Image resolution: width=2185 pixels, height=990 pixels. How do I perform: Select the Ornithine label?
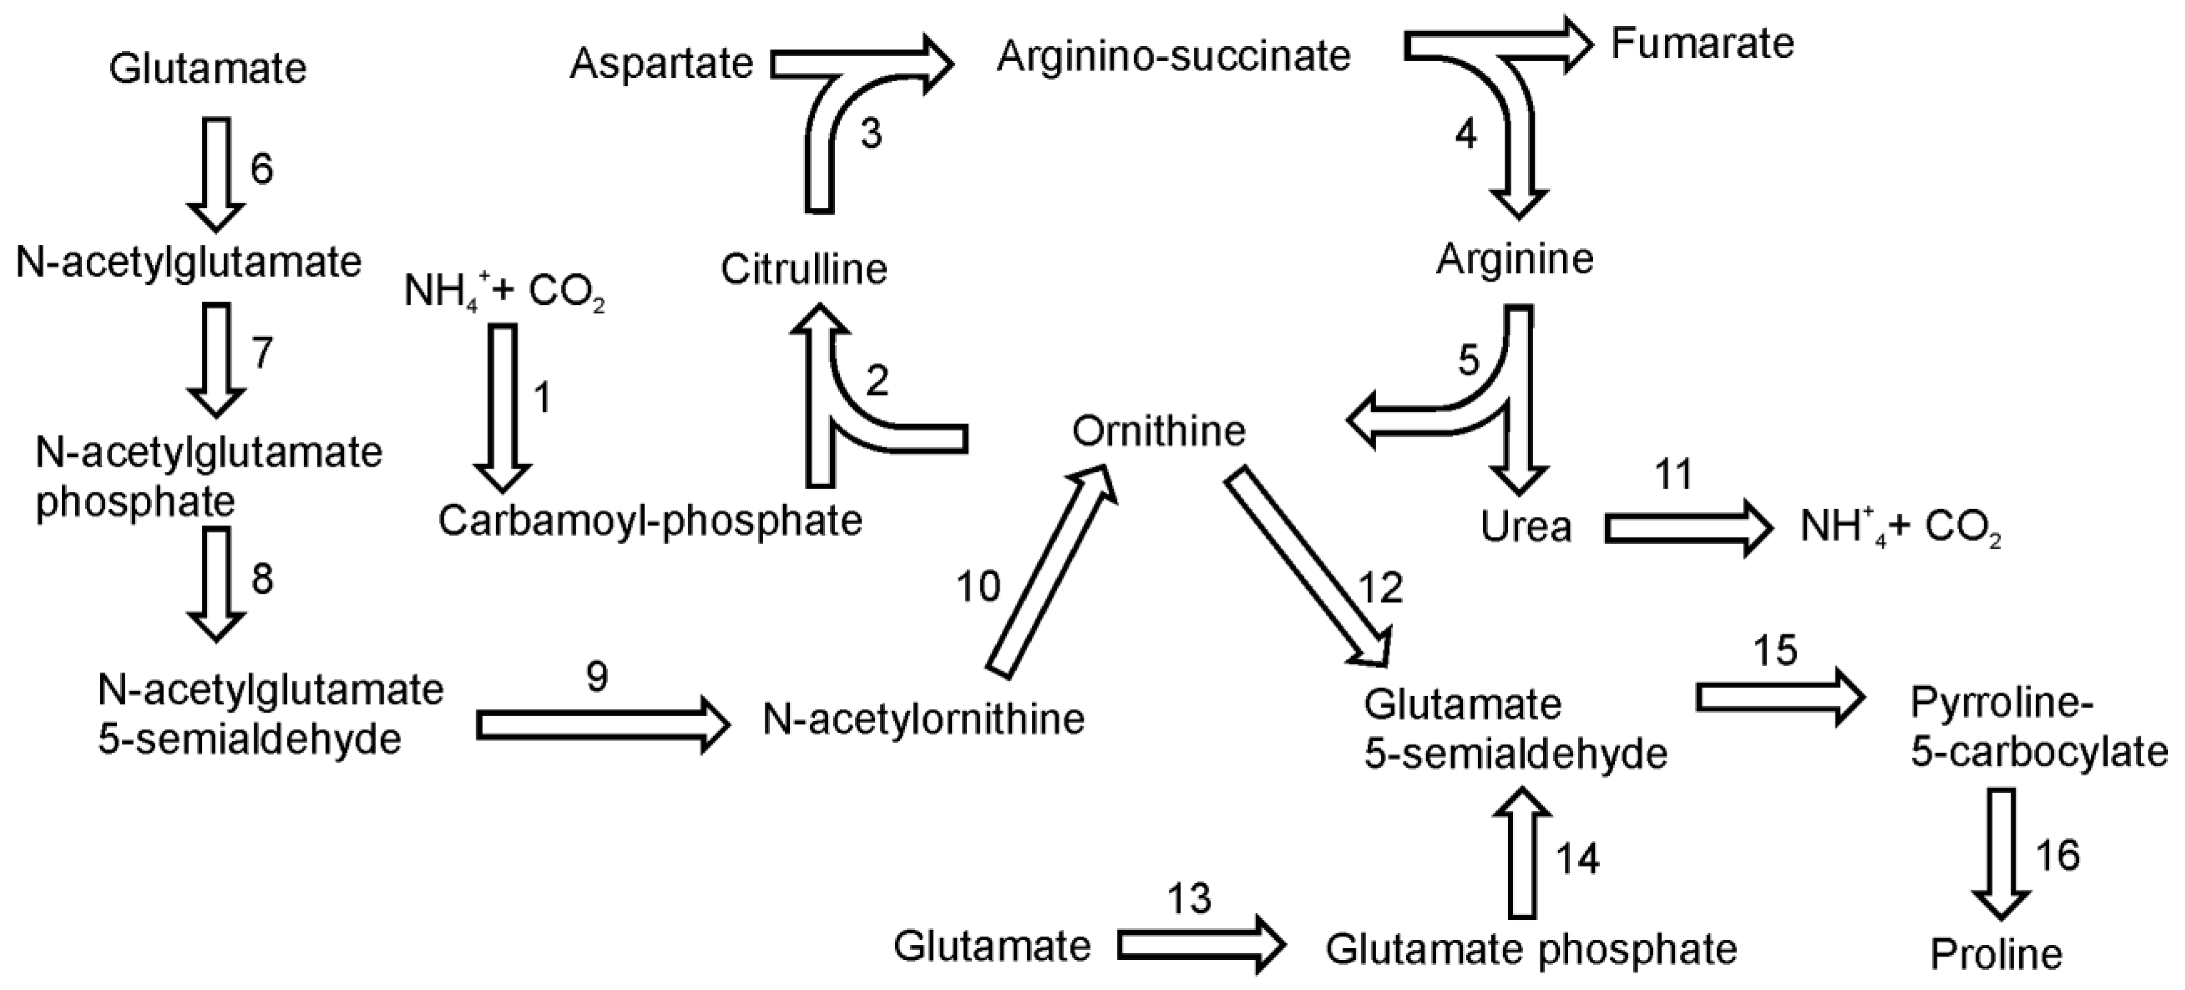point(1159,431)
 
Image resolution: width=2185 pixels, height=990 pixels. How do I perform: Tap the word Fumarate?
point(1702,43)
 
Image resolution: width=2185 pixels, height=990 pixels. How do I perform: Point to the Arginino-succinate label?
point(1173,57)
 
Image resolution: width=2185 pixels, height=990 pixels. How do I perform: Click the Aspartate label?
point(661,63)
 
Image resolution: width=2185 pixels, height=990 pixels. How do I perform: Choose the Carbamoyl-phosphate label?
point(650,520)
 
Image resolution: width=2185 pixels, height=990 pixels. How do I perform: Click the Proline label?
point(1996,954)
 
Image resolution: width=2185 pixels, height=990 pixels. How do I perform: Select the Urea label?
point(1525,526)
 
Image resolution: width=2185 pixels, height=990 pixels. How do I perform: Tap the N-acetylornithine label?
point(923,718)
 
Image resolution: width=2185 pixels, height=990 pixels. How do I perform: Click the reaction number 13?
point(1189,898)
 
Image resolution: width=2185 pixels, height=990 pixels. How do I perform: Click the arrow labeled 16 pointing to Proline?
point(2000,853)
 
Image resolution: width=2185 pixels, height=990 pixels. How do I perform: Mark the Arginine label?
point(1515,259)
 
